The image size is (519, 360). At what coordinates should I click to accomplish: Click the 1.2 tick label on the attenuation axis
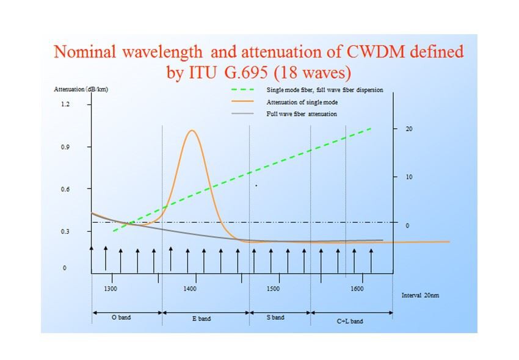coord(65,104)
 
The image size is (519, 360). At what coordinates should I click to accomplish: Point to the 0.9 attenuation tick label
coord(65,147)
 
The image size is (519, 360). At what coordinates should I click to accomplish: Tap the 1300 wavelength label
coord(111,289)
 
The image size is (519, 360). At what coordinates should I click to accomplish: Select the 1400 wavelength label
coord(190,289)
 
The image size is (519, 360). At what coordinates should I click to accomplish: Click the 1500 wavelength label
coord(273,289)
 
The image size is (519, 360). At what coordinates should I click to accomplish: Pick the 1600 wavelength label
coord(357,289)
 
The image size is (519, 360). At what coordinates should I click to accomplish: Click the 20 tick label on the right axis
coord(409,129)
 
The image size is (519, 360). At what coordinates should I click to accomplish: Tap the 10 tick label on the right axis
coord(409,177)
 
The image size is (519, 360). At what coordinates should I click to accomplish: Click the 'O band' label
coord(121,317)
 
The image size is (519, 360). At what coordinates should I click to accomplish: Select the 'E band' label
coord(201,319)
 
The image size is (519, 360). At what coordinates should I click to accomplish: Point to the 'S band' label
coord(275,317)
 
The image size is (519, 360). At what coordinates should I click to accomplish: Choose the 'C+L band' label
coord(350,321)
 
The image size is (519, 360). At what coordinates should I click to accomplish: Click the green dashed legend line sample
coord(242,89)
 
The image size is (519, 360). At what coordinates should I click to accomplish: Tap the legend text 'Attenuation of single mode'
coord(302,103)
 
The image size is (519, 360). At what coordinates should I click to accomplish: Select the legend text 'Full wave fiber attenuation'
coord(302,114)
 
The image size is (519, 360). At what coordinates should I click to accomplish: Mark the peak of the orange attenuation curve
coord(192,131)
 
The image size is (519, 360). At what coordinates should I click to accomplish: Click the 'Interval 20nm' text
coord(420,295)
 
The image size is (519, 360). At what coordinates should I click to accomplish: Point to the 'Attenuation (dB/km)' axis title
coord(81,89)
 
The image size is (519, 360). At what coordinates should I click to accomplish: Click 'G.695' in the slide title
coord(245,72)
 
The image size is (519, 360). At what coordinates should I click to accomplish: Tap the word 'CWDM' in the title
coord(376,52)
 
